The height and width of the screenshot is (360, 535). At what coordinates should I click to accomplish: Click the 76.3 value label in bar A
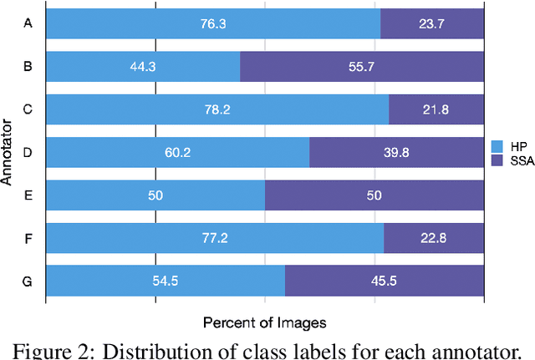(212, 24)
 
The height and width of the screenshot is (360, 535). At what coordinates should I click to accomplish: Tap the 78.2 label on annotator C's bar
(217, 109)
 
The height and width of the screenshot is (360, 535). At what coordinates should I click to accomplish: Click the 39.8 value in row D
(396, 153)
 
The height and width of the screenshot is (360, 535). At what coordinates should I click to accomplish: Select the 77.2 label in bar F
(215, 238)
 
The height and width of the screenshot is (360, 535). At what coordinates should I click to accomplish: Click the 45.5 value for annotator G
(384, 281)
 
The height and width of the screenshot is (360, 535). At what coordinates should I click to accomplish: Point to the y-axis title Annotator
(8, 152)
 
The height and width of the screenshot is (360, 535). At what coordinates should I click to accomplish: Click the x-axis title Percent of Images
(264, 321)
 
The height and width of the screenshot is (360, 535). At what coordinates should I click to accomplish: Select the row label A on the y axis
(28, 24)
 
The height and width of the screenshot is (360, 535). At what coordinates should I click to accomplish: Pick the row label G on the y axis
(28, 281)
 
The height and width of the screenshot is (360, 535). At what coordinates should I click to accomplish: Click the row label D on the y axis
(28, 153)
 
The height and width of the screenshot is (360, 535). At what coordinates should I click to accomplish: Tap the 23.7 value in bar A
(431, 24)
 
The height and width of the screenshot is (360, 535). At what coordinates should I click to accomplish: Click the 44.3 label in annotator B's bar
(143, 67)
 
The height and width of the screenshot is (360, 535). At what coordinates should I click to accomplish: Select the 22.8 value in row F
(433, 238)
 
